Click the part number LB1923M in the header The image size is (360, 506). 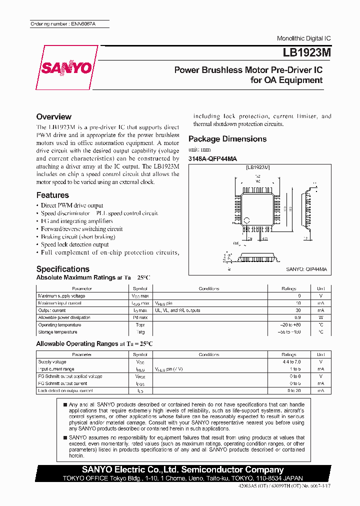tap(303, 52)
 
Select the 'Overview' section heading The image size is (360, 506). tap(54, 116)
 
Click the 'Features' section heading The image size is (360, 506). tap(52, 195)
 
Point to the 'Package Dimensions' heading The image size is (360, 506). tap(227, 139)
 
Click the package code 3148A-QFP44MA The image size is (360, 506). tap(213, 159)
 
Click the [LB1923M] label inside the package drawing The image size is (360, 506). tap(257, 167)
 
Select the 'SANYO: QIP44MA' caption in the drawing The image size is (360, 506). tap(306, 269)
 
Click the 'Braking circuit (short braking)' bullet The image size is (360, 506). tap(78, 237)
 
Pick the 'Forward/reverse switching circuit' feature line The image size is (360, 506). tap(81, 229)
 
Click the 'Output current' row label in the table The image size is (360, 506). tap(52, 310)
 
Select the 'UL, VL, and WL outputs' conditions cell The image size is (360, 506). tap(177, 310)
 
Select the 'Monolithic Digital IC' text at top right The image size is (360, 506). tap(303, 38)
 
